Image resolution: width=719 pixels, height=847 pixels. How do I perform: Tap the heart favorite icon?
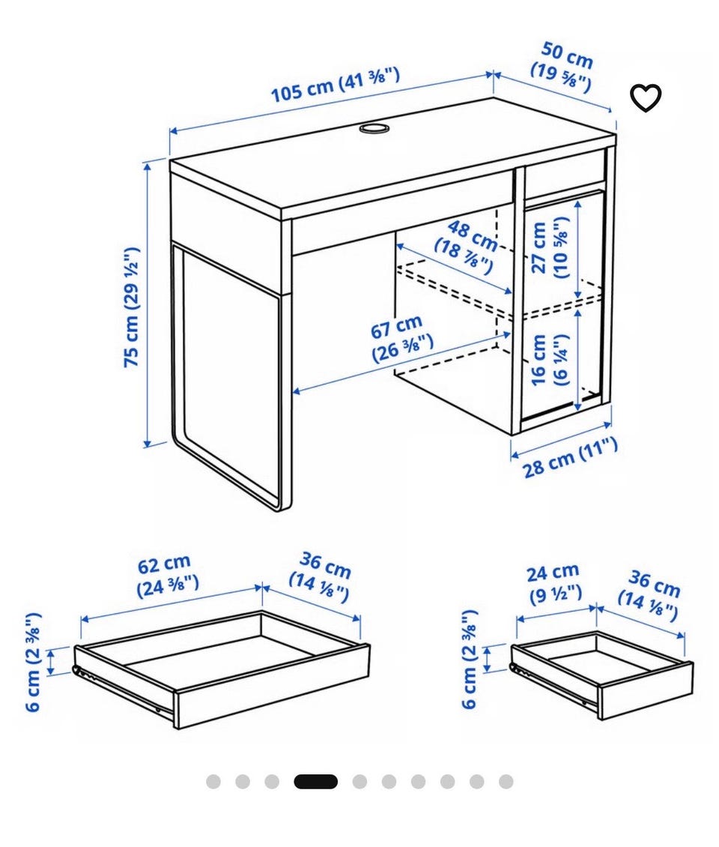point(646,97)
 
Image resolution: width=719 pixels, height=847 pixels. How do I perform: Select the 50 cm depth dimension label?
point(564,67)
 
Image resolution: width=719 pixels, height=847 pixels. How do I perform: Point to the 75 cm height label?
point(131,307)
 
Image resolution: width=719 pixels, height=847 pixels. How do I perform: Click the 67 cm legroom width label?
point(401,340)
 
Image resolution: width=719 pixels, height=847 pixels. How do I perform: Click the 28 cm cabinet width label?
point(570,458)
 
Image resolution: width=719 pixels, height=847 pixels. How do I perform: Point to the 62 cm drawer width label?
point(167,576)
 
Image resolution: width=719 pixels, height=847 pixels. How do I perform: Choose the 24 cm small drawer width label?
point(554,583)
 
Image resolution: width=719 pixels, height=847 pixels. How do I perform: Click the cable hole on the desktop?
point(374,128)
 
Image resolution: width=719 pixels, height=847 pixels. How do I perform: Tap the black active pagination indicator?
point(316,782)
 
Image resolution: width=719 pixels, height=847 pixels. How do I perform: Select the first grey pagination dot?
point(213,782)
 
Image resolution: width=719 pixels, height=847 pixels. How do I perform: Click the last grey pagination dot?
point(506,782)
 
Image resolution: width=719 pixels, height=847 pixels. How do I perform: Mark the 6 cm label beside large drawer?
point(33,662)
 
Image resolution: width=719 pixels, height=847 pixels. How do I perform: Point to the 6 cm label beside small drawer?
point(470,659)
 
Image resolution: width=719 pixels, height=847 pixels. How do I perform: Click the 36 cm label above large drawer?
point(321,576)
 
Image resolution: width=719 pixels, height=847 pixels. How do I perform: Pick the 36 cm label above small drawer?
point(649,595)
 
